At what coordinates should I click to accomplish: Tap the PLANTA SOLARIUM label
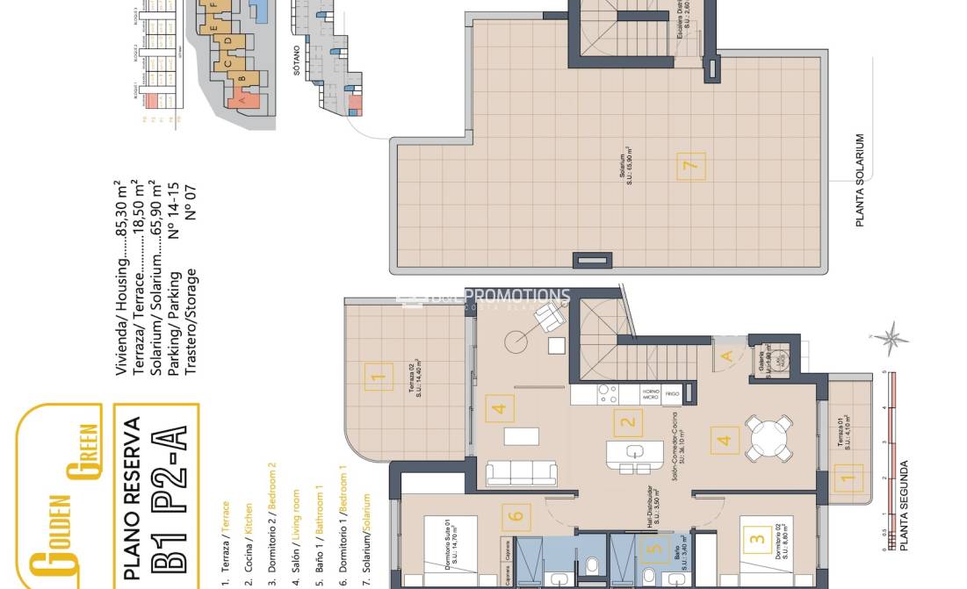click(860, 180)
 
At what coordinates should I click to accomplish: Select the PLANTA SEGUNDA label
click(905, 506)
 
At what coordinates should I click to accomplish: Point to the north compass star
click(895, 336)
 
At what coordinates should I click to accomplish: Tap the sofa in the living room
click(522, 472)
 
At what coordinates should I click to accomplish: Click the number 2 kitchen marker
click(627, 423)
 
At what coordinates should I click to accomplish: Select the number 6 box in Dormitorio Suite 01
click(516, 516)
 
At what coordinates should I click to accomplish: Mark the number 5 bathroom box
click(650, 551)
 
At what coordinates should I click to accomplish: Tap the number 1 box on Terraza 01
click(847, 479)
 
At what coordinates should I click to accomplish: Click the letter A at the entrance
click(726, 356)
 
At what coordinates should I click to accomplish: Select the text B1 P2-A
click(172, 499)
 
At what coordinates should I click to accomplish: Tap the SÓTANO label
click(297, 61)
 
